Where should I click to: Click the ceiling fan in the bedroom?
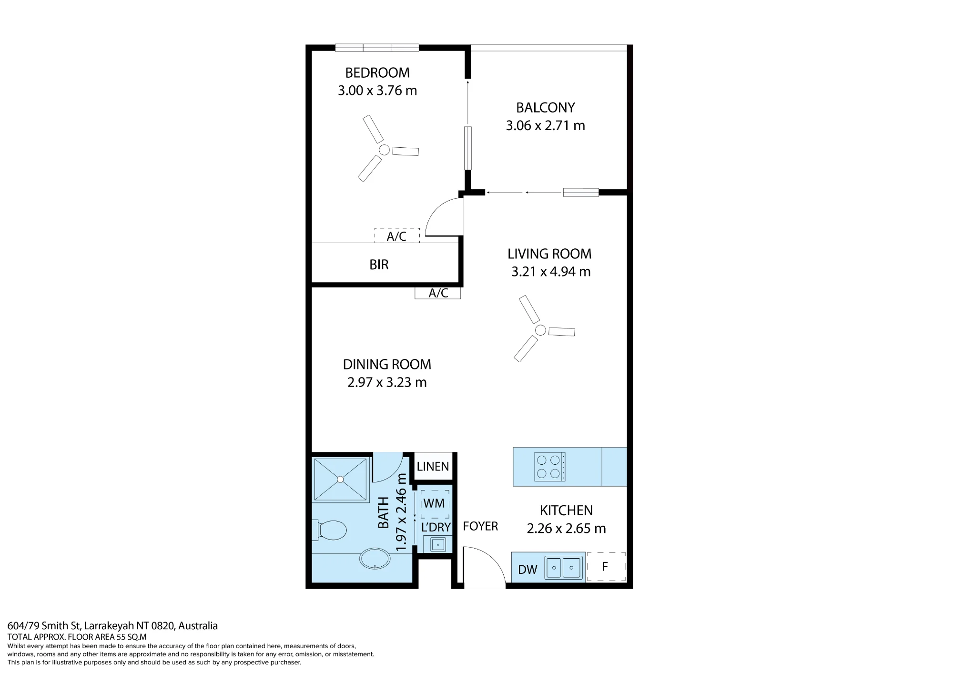point(384,150)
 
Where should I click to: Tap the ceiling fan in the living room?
point(540,330)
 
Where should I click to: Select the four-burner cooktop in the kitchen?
point(549,467)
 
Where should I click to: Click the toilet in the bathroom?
point(330,530)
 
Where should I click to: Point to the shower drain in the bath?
point(340,479)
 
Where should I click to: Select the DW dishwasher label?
point(527,570)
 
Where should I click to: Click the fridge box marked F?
point(606,566)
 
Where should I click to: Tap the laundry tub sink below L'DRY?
point(438,544)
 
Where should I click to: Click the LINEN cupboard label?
point(433,467)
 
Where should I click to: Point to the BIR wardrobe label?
point(379,265)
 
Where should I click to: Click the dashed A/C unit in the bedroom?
point(397,235)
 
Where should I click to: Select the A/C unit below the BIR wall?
point(438,293)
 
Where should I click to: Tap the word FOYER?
point(480,526)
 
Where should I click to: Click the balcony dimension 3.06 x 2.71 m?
point(545,125)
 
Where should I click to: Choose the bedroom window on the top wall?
point(377,47)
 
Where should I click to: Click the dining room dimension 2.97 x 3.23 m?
point(387,382)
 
